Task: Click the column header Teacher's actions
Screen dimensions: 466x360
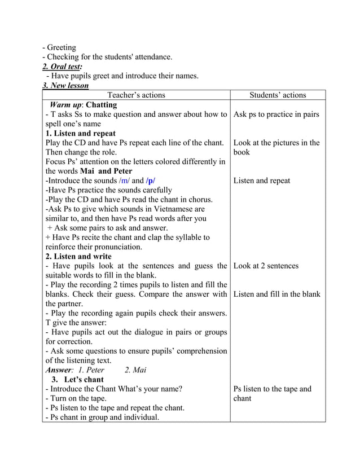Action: click(x=136, y=95)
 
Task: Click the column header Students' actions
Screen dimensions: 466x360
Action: click(x=278, y=95)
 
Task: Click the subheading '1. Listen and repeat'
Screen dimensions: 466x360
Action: click(x=81, y=134)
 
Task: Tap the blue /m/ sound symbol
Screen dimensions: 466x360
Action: click(x=124, y=181)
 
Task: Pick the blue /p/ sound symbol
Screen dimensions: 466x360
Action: click(x=151, y=181)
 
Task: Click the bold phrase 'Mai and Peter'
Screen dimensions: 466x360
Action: click(x=106, y=171)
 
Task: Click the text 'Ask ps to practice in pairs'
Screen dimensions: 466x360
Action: click(x=276, y=115)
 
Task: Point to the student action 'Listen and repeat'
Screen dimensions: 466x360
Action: click(x=261, y=181)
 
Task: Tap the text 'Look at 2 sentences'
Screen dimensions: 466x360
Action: click(x=266, y=266)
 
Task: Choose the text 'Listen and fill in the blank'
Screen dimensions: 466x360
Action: click(x=276, y=294)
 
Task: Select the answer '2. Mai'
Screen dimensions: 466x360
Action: click(x=135, y=370)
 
